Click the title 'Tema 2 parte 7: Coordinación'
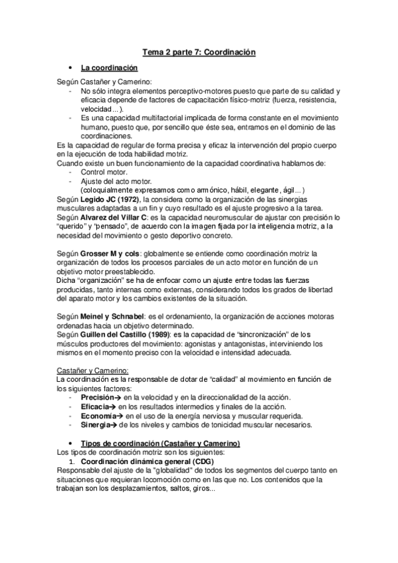[x=199, y=51]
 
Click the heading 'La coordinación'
[x=109, y=68]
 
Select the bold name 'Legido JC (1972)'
[x=115, y=199]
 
